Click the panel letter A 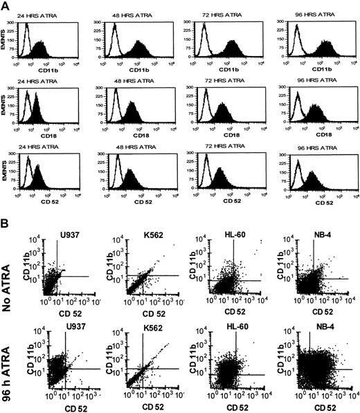[x=6, y=6]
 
